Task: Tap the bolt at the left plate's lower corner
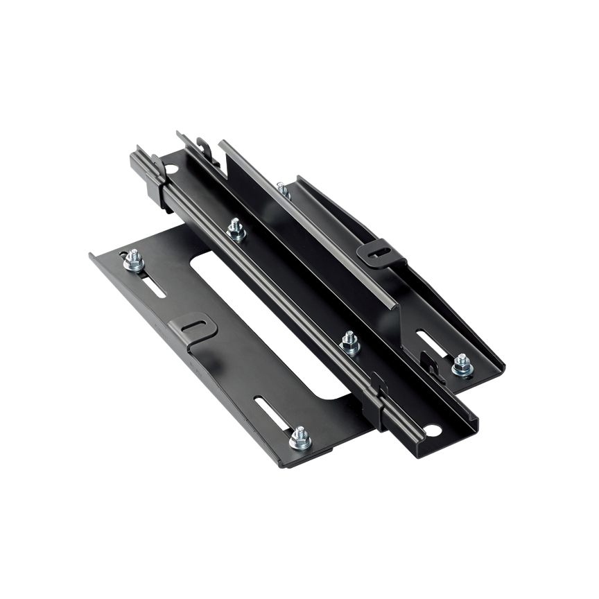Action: (299, 437)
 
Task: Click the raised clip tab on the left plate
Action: (192, 327)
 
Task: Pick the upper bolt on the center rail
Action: (236, 229)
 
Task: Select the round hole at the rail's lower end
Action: (431, 431)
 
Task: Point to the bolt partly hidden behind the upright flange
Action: (282, 188)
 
